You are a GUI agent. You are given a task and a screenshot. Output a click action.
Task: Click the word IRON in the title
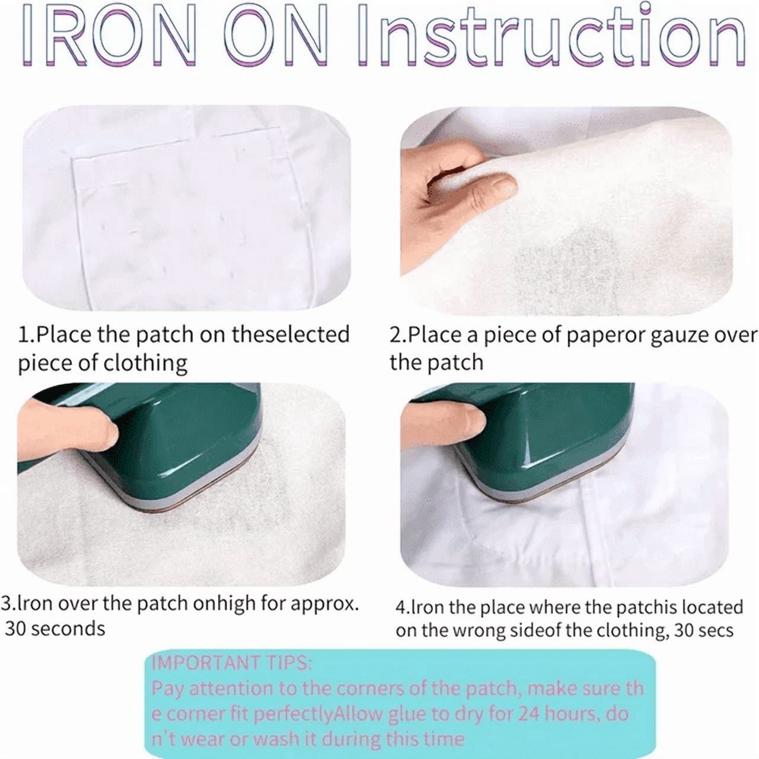click(106, 37)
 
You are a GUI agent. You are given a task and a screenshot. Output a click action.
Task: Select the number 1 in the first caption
click(23, 335)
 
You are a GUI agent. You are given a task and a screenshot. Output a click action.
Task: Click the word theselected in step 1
click(291, 334)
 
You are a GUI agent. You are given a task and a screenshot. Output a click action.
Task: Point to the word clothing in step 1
click(145, 363)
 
